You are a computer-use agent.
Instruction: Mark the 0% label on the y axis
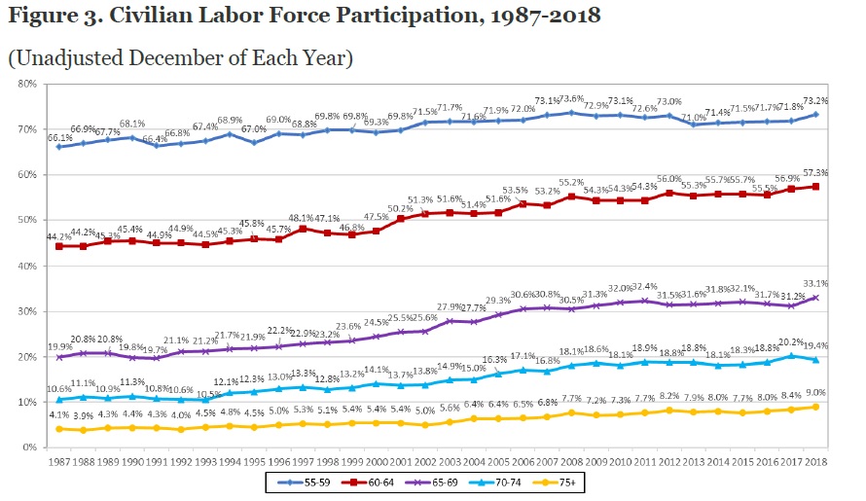pyautogui.click(x=29, y=447)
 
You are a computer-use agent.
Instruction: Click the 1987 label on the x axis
pyautogui.click(x=62, y=458)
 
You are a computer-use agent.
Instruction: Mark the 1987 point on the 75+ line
pyautogui.click(x=62, y=429)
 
